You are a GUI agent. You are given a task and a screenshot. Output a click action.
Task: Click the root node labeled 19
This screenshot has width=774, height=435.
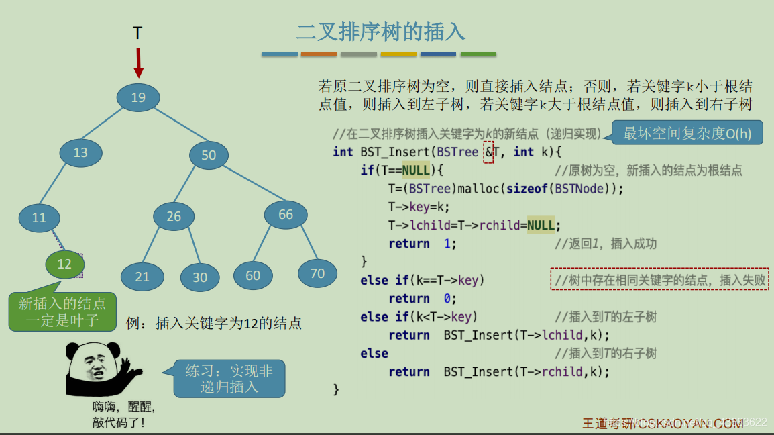pos(138,98)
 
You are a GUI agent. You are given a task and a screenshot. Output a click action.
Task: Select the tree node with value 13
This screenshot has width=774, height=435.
pos(80,153)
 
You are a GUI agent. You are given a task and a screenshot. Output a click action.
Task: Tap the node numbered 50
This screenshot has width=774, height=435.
pos(209,156)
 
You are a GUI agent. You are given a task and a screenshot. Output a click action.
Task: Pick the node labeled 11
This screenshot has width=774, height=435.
pos(40,217)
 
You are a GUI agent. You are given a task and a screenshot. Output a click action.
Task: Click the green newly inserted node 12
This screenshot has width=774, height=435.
pos(64,264)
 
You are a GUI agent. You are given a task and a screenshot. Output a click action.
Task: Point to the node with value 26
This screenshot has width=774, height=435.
pos(174,216)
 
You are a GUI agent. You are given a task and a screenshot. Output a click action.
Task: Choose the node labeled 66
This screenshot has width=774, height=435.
pos(286,215)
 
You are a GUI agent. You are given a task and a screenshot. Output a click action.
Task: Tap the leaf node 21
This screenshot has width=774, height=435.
pos(142,277)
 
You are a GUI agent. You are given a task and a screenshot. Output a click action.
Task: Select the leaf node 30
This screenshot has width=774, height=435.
pos(200,277)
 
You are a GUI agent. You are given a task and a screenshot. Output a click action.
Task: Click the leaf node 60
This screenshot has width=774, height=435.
pos(253,276)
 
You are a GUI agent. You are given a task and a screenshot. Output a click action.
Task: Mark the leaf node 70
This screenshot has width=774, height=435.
pos(317,273)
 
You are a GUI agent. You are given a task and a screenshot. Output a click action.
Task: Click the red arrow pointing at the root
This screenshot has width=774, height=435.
pos(138,62)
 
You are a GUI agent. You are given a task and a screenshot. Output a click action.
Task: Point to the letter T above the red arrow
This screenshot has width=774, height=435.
pos(137,33)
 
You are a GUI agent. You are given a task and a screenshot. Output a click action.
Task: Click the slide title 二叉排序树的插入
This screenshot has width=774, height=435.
pos(380,32)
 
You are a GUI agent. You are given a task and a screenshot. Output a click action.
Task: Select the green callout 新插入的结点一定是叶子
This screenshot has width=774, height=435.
pos(62,312)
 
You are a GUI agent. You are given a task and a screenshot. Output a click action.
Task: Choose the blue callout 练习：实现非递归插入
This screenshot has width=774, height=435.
pos(229,379)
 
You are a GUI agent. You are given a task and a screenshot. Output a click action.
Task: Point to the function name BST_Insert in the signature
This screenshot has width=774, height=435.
pos(395,152)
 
